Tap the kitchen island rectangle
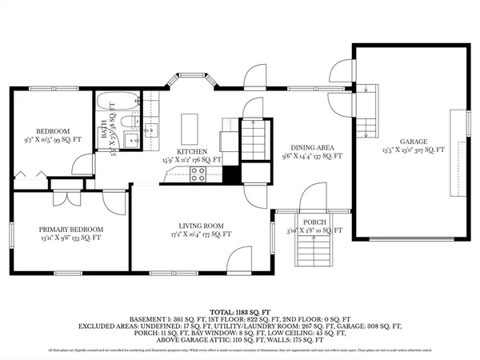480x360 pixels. coord(190,126)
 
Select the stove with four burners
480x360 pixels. coord(197,176)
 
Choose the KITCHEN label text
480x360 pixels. coord(192,151)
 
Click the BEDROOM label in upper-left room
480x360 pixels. coord(54,131)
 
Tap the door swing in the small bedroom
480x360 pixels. coord(82,165)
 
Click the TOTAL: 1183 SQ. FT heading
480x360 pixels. coord(239,310)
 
